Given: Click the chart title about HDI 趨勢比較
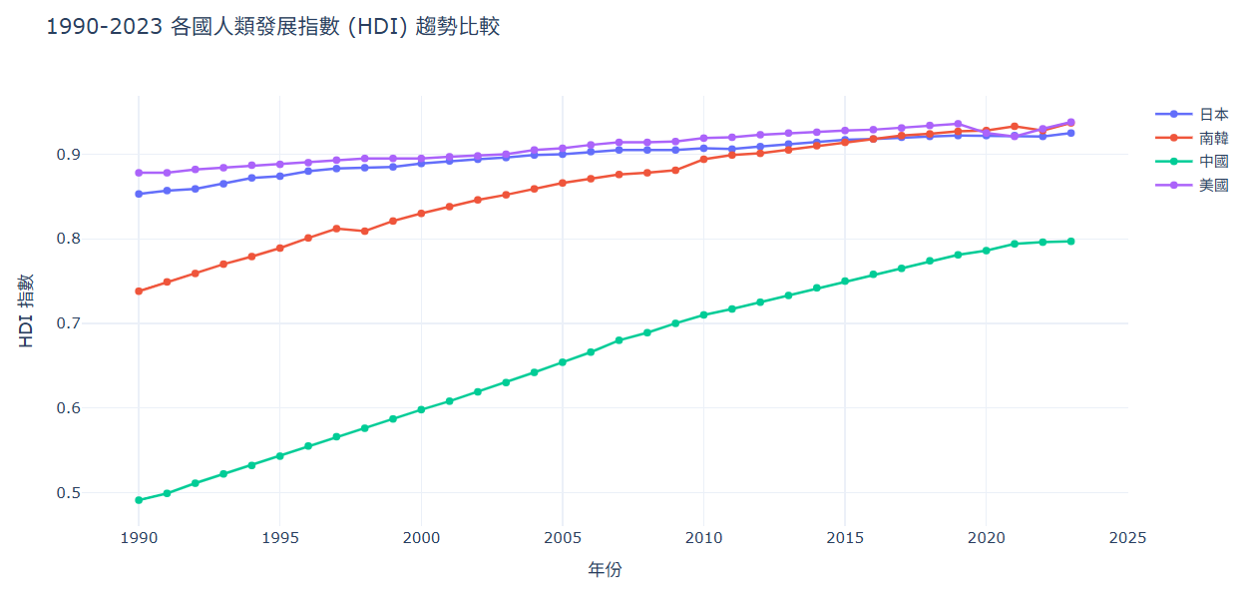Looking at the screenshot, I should click(273, 27).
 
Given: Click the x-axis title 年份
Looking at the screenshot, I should click(605, 570).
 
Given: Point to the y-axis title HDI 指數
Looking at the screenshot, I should click(27, 310).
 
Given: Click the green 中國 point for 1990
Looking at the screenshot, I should click(139, 500).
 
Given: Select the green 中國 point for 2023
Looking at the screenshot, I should click(1071, 242).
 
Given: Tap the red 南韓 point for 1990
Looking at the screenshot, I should click(139, 292).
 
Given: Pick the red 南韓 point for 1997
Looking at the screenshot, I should click(336, 229).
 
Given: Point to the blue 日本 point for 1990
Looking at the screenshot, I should click(139, 194).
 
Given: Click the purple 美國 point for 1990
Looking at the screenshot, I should click(139, 173).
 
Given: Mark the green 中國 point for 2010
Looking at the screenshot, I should click(704, 314).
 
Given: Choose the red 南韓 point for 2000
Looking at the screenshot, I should click(421, 214).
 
